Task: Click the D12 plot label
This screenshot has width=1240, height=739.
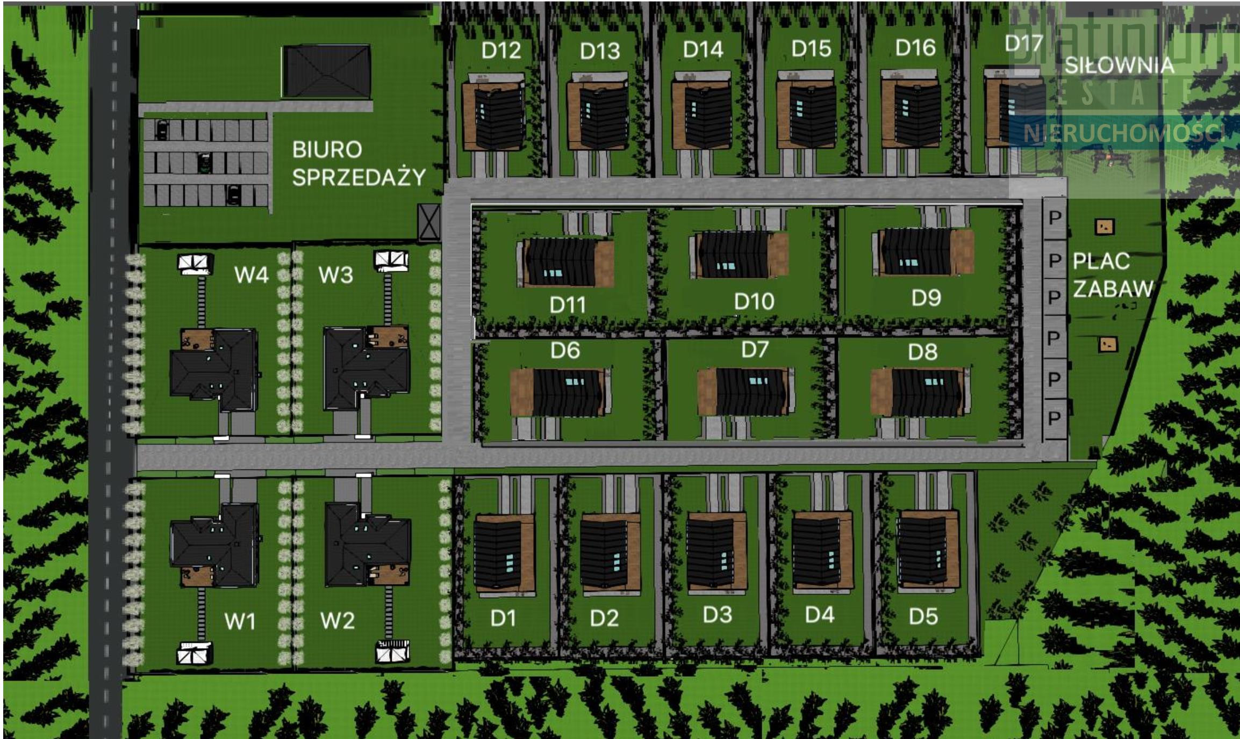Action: [x=501, y=50]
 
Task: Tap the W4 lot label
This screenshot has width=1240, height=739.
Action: [x=251, y=275]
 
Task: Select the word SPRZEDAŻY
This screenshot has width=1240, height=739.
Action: [x=359, y=177]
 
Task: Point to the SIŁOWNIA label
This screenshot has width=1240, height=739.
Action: [x=1119, y=66]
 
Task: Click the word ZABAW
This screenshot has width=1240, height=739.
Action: [x=1113, y=289]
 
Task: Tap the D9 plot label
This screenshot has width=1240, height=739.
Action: [x=926, y=298]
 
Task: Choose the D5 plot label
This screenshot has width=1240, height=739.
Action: [x=923, y=617]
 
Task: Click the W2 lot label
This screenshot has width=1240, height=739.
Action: [x=337, y=620]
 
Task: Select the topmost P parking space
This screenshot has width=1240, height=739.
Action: [x=1055, y=218]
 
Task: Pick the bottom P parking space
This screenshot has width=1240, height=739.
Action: [x=1054, y=418]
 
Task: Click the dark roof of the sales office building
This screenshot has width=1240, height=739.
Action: [x=327, y=71]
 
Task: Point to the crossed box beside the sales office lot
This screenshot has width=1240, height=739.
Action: [x=429, y=221]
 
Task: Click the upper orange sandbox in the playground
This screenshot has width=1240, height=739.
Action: [x=1105, y=227]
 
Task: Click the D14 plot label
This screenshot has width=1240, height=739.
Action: [x=703, y=50]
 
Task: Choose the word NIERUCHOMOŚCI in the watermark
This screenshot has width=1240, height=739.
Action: [x=1123, y=133]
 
